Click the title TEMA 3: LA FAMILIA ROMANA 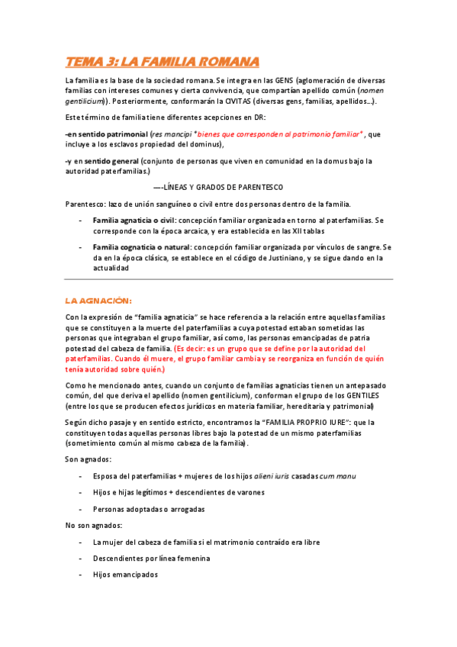tap(162, 61)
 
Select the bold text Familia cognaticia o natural tap(142, 247)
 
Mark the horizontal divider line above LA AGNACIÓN tap(229, 278)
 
